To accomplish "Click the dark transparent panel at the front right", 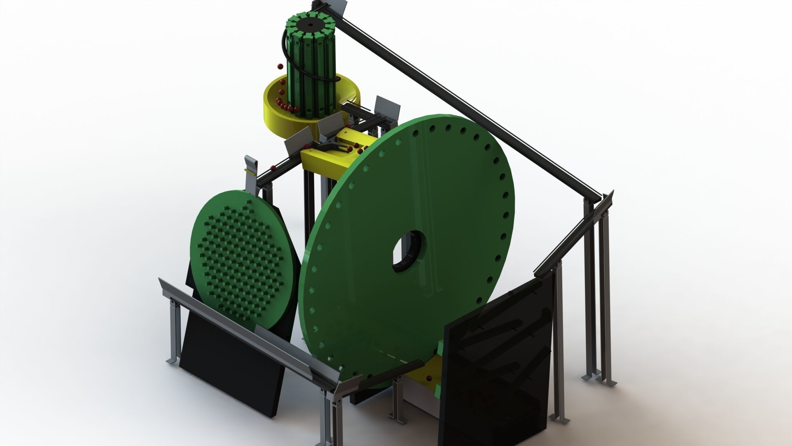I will pyautogui.click(x=499, y=363).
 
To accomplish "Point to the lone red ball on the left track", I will pyautogui.click(x=273, y=168).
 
